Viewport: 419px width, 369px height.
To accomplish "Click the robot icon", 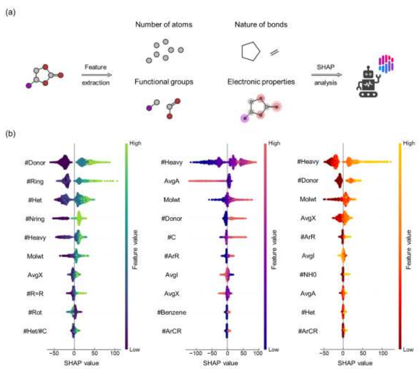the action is tap(368, 82).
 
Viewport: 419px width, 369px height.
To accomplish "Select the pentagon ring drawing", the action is tap(251, 51).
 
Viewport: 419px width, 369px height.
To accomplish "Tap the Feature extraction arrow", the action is tap(97, 75).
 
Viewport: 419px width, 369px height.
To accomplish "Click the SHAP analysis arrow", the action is tap(326, 75).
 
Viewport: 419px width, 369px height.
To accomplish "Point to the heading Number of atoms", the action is tap(164, 25).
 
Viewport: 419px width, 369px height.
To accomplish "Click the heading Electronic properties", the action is tap(261, 82).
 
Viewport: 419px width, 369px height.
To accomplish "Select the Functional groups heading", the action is tap(164, 82).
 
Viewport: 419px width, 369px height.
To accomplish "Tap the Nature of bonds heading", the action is tap(261, 25).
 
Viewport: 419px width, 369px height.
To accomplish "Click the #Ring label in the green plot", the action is tap(35, 182).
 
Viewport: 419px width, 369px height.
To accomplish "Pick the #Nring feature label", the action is tap(35, 219).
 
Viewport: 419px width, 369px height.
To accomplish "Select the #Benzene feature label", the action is tap(172, 312).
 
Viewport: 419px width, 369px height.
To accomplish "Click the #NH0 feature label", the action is tap(308, 275).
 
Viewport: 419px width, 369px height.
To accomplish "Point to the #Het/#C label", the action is tap(35, 331).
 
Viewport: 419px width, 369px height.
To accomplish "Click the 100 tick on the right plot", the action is tap(383, 353).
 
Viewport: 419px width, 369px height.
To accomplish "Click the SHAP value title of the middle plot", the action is tap(221, 363).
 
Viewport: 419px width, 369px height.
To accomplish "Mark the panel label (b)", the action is tap(10, 133).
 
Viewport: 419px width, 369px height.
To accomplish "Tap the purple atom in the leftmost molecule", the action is tap(28, 86).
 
